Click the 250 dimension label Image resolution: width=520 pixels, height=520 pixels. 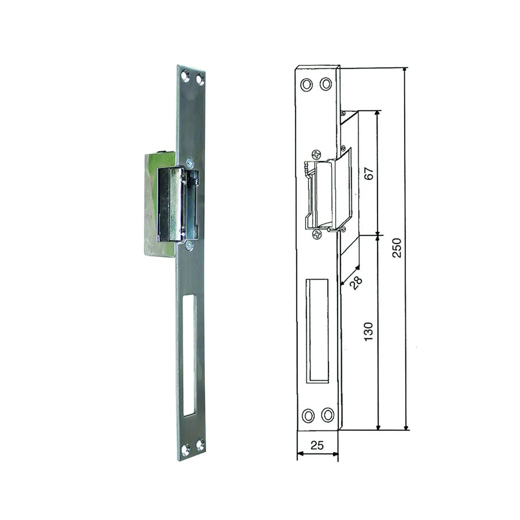pos(396,248)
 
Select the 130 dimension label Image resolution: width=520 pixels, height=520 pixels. pos(368,332)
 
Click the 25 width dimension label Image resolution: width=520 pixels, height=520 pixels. pos(317,445)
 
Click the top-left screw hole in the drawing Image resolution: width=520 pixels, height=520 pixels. pos(306,84)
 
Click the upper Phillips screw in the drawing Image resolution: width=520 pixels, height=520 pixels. pos(317,154)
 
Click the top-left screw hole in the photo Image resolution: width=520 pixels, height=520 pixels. pos(185,75)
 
